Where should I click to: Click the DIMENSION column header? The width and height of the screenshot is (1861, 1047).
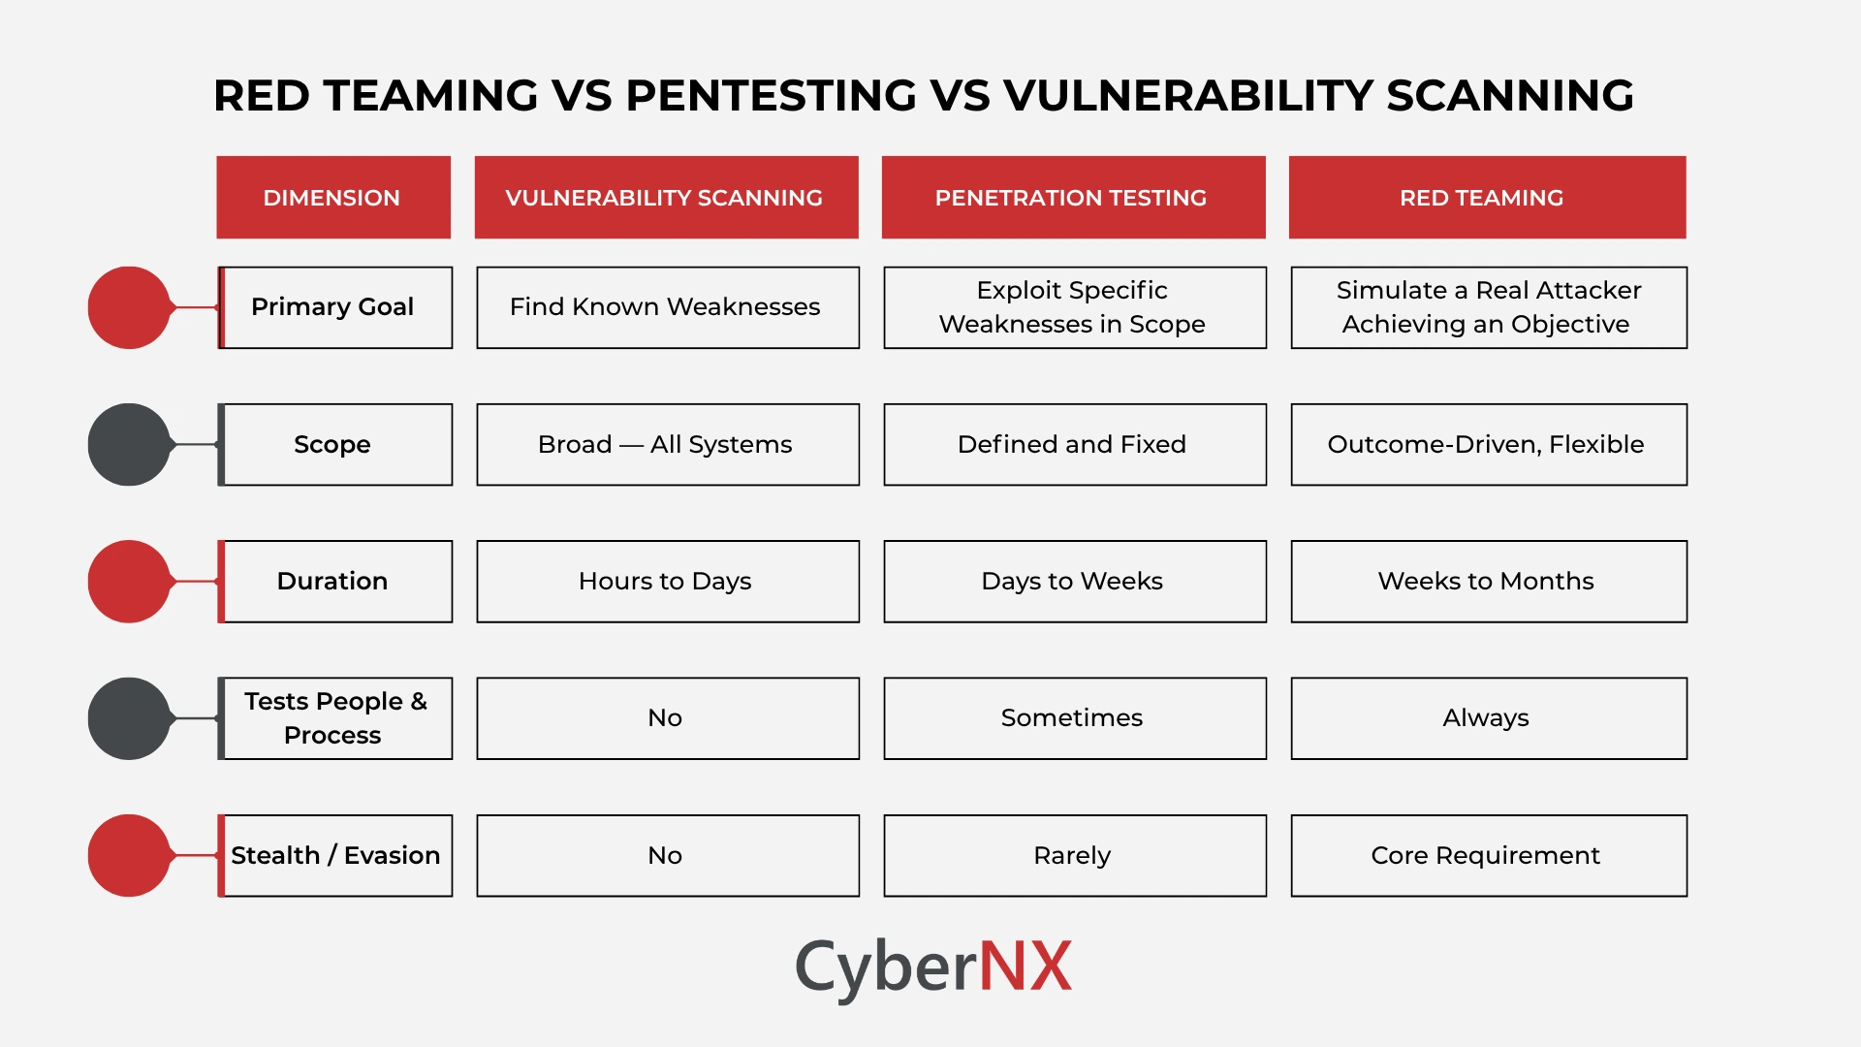click(x=332, y=198)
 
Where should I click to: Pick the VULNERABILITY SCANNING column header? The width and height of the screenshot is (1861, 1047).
click(x=666, y=198)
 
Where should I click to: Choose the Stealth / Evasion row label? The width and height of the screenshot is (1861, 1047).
click(x=335, y=855)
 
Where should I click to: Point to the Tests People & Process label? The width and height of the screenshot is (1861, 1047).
click(x=335, y=718)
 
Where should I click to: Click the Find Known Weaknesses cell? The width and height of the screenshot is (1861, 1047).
click(x=667, y=307)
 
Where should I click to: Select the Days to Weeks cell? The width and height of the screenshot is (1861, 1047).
click(x=1074, y=582)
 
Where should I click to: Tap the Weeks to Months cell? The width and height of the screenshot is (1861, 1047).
click(x=1488, y=582)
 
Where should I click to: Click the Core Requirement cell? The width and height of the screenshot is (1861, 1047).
click(x=1488, y=855)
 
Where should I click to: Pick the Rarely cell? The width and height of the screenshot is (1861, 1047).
click(x=1074, y=855)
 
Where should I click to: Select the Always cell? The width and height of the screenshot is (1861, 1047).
click(x=1488, y=718)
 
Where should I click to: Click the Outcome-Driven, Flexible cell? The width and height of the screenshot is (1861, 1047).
click(x=1488, y=444)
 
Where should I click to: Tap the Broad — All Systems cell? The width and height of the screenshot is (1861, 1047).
click(x=667, y=444)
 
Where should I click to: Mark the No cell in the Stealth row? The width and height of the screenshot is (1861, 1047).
click(x=667, y=855)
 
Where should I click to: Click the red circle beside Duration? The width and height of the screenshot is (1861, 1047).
click(x=129, y=582)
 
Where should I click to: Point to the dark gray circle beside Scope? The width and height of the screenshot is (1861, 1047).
click(x=129, y=444)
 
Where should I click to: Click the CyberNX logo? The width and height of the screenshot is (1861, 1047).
click(x=932, y=967)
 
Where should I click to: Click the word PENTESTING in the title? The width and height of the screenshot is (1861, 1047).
click(x=771, y=96)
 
